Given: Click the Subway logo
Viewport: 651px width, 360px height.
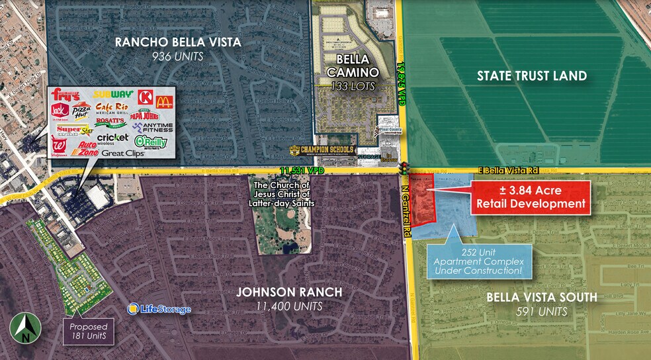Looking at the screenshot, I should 114,95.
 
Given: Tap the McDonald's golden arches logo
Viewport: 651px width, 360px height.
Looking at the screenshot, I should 163,101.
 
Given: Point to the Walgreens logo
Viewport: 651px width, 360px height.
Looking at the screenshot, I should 58,144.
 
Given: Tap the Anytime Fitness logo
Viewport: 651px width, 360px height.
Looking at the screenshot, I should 152,126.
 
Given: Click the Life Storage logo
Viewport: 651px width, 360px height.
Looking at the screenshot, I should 159,309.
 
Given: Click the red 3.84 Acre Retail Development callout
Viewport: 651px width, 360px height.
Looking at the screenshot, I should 529,196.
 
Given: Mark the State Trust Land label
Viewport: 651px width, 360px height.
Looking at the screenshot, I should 532,75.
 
